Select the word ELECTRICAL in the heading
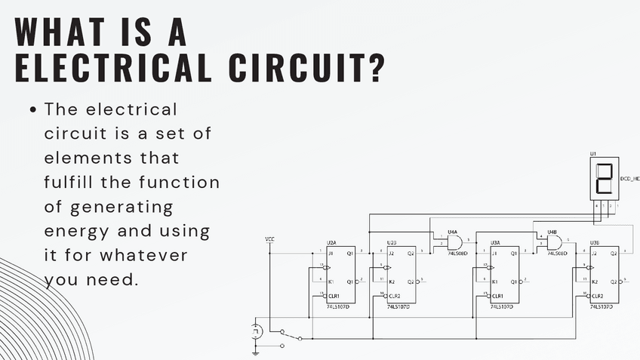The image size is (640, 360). [x=106, y=69]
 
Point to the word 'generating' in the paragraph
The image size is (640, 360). [x=121, y=206]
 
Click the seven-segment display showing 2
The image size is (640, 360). [x=604, y=179]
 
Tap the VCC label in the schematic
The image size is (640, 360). [x=270, y=239]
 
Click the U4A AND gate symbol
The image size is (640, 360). [x=454, y=242]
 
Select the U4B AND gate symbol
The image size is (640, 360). [x=554, y=242]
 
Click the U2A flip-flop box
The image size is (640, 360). [x=340, y=275]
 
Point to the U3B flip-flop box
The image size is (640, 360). [x=605, y=275]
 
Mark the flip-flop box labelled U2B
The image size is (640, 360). [x=401, y=275]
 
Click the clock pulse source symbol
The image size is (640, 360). [x=256, y=331]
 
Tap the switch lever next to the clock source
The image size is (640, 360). [x=291, y=335]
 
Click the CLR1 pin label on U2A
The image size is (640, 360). [x=334, y=295]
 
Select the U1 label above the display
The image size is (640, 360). [x=593, y=153]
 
